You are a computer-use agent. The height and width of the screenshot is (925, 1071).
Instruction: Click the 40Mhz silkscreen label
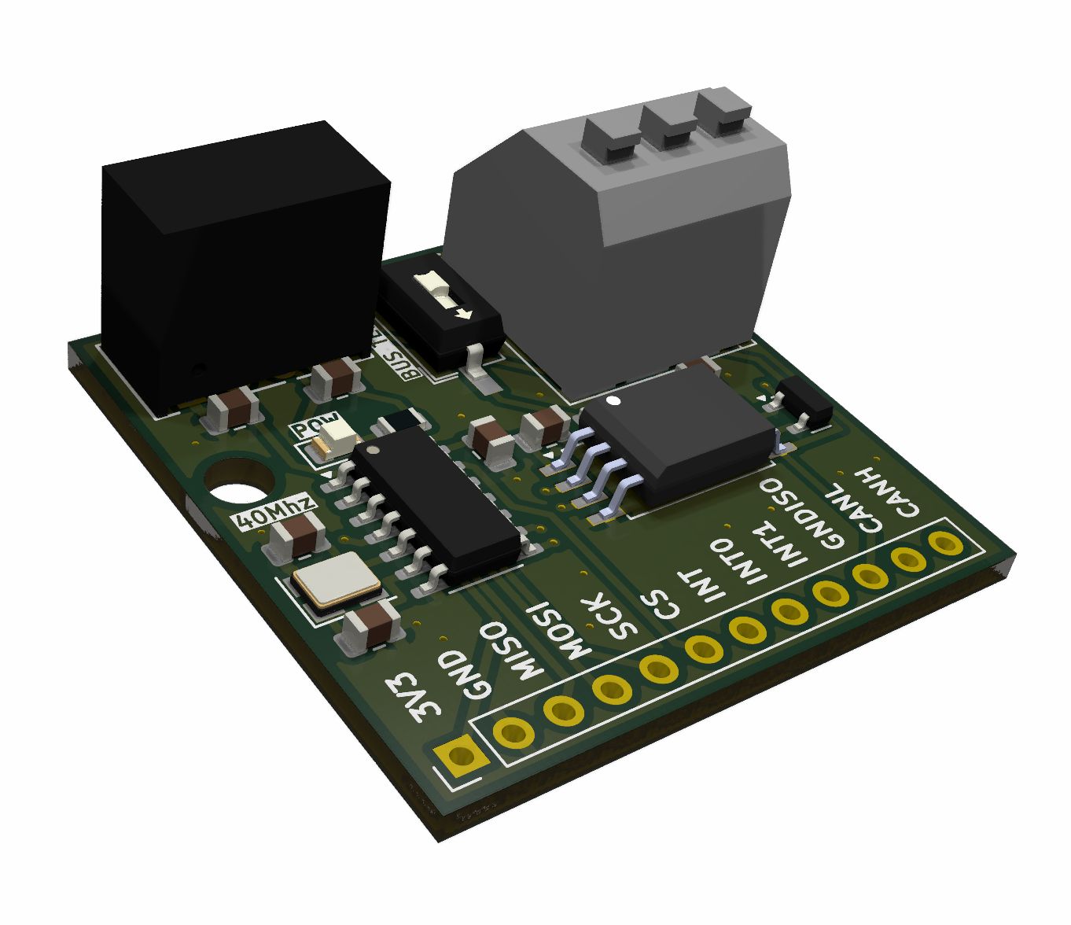pyautogui.click(x=276, y=512)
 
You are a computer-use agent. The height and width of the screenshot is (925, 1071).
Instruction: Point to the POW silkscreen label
pyautogui.click(x=316, y=426)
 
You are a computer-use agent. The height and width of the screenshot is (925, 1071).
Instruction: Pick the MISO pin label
pyautogui.click(x=512, y=650)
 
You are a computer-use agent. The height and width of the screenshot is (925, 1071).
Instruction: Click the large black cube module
pyautogui.click(x=244, y=267)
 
